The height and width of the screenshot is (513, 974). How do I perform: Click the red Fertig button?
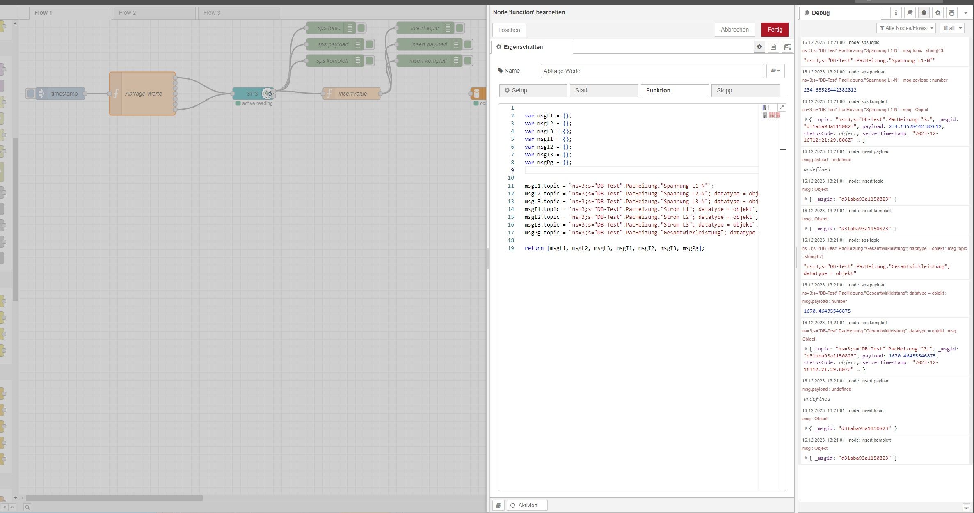pyautogui.click(x=775, y=30)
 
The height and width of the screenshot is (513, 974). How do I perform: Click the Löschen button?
pyautogui.click(x=509, y=30)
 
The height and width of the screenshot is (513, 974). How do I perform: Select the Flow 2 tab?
pyautogui.click(x=154, y=13)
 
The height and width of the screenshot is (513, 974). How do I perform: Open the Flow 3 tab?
pyautogui.click(x=239, y=13)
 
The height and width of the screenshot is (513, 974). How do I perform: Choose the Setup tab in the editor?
pyautogui.click(x=533, y=90)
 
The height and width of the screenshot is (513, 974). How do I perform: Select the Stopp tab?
pyautogui.click(x=745, y=90)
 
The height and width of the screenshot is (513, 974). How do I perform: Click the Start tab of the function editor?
pyautogui.click(x=604, y=90)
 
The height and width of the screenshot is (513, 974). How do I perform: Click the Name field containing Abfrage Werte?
pyautogui.click(x=652, y=71)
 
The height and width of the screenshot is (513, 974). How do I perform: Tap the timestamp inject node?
pyautogui.click(x=60, y=94)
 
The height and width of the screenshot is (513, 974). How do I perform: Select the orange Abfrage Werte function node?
pyautogui.click(x=142, y=94)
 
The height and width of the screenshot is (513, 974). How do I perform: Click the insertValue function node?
pyautogui.click(x=352, y=94)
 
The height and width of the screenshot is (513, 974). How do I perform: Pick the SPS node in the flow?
pyautogui.click(x=253, y=94)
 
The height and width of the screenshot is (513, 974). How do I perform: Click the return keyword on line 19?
pyautogui.click(x=534, y=248)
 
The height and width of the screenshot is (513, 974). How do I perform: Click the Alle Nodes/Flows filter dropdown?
pyautogui.click(x=906, y=28)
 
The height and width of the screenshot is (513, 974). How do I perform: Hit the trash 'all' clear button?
pyautogui.click(x=952, y=28)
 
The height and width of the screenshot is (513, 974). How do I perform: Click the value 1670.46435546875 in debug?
pyautogui.click(x=827, y=311)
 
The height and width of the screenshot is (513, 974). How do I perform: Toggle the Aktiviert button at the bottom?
pyautogui.click(x=527, y=505)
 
